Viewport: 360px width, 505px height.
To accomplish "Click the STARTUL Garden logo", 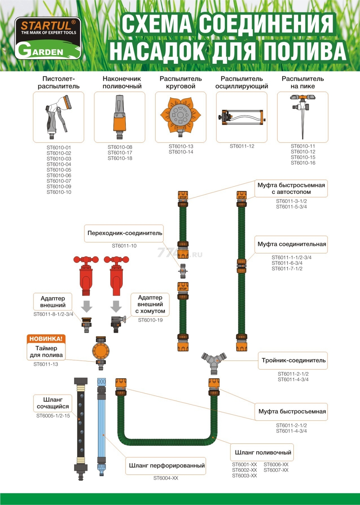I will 48,38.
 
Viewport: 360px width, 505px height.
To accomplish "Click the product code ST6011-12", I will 242,146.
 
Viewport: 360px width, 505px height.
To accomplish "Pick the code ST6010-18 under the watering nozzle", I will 120,158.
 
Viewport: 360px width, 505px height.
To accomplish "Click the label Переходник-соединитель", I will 125,233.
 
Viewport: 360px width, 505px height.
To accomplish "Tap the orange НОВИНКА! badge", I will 46,339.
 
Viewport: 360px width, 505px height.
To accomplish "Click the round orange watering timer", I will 101,351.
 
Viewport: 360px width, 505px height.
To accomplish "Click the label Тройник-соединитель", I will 293,360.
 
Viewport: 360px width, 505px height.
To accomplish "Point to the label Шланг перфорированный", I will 167,466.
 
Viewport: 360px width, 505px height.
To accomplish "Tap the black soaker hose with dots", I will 81,429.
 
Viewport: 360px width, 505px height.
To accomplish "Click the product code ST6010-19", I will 150,320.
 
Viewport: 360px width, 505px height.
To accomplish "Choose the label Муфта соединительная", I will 292,244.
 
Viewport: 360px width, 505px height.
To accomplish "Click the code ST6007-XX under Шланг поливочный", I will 276,470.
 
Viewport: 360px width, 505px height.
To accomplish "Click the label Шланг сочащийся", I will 53,403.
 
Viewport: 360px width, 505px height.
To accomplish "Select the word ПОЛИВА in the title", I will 305,51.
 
